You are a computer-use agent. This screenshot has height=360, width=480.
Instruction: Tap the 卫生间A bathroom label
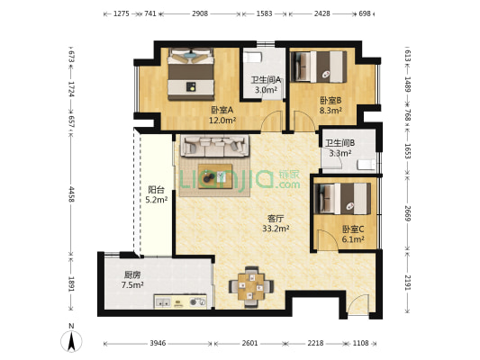pos(266,79)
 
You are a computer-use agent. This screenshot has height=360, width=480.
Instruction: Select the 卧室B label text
pos(330,101)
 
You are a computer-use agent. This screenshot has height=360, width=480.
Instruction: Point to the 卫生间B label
pos(340,143)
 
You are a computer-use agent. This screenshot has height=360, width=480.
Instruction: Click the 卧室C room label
pos(353,229)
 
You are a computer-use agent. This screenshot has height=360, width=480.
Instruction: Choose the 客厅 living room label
pos(276,218)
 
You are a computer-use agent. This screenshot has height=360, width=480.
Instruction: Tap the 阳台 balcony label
pos(156,190)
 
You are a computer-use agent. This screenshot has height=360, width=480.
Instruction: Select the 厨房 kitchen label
pos(132,275)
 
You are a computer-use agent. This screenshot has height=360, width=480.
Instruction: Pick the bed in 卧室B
pos(322,66)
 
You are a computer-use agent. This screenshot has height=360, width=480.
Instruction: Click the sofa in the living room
pos(214,147)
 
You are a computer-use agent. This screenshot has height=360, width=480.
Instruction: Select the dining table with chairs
pos(251,285)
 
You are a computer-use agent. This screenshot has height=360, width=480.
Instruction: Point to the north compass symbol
pos(71,341)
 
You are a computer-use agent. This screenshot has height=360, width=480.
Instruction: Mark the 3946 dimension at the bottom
pos(158,344)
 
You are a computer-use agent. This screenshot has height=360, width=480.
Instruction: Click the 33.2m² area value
pos(276,229)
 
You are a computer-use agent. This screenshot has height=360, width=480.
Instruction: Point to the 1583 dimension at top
pos(264,14)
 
